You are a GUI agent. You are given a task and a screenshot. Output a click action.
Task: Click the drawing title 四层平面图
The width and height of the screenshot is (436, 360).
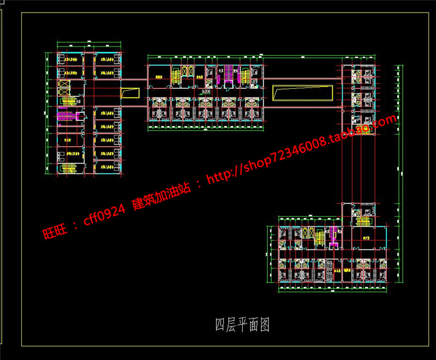click(x=242, y=326)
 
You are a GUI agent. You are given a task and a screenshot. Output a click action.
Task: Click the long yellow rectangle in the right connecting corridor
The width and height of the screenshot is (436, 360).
click(x=302, y=92)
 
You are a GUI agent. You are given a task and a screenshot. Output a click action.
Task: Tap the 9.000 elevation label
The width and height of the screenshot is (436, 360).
click(x=206, y=91)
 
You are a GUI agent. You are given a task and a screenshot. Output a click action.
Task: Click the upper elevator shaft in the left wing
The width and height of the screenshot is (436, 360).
click(x=63, y=84)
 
